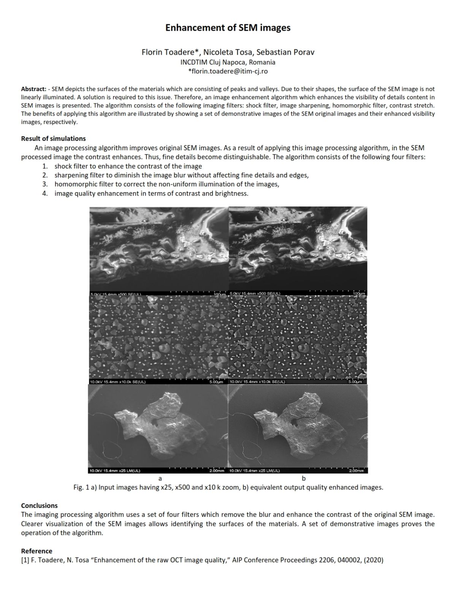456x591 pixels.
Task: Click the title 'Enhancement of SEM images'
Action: click(228, 28)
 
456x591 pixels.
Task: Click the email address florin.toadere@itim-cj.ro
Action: click(228, 71)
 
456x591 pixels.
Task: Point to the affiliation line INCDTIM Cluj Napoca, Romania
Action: click(228, 62)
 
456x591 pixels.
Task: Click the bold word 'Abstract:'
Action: click(33, 89)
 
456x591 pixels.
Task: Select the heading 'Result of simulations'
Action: click(53, 139)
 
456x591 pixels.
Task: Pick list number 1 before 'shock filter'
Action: click(45, 166)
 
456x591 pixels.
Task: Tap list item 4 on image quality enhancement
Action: click(45, 194)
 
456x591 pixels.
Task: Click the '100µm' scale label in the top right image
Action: click(359, 294)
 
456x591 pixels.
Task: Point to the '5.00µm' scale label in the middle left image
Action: click(216, 382)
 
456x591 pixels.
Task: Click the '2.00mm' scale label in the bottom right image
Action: click(356, 471)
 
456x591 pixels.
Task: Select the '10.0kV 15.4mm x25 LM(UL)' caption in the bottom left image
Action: click(115, 471)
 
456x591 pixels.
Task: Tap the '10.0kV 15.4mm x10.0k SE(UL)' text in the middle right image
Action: click(257, 382)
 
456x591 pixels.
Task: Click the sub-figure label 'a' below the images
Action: click(160, 479)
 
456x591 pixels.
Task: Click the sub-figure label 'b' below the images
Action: click(304, 479)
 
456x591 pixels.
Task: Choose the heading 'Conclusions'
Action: click(39, 506)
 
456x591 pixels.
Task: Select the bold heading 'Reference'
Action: click(36, 551)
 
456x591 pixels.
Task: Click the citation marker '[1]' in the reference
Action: click(25, 560)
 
